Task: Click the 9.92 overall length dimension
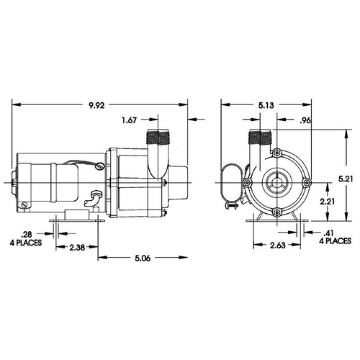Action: [x=96, y=105]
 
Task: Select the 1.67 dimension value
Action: [x=130, y=120]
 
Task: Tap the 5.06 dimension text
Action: [x=143, y=258]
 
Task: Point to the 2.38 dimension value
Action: [x=77, y=247]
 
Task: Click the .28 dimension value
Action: [x=27, y=234]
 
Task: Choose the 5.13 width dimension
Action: [x=266, y=105]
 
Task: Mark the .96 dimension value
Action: [x=305, y=120]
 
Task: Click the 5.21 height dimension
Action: [x=346, y=179]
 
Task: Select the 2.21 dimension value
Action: [x=328, y=202]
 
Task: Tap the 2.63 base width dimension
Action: [x=278, y=245]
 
